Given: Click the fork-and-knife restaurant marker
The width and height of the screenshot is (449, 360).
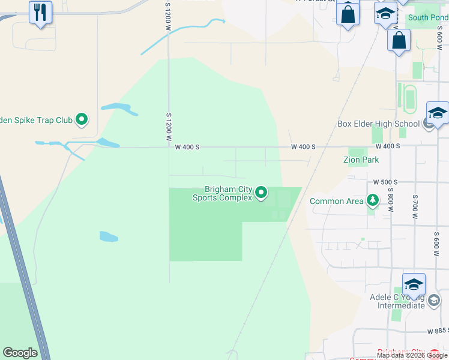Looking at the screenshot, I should pos(40,12).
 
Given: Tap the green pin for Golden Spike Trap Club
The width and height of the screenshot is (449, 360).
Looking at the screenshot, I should pos(82,120).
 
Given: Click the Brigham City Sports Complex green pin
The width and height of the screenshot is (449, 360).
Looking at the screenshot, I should pos(261,193).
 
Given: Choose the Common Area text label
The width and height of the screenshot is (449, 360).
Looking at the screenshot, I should pos(336,202).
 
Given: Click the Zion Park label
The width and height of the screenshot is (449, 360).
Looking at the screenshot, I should pos(361,160).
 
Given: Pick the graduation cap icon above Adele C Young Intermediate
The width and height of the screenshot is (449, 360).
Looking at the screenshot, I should pos(414,284).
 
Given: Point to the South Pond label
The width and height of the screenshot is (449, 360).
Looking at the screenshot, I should pos(428,17).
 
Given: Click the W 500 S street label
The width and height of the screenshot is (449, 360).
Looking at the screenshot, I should pos(385,182).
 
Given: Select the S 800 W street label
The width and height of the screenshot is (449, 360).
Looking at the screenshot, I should pos(390,202).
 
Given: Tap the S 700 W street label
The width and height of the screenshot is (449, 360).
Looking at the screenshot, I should pos(414,205).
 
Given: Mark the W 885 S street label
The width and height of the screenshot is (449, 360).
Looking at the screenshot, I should pos(438,331).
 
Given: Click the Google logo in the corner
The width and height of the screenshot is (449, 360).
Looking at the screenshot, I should pos(20,353).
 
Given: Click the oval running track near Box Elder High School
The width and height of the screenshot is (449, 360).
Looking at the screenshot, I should pos(410,98).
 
